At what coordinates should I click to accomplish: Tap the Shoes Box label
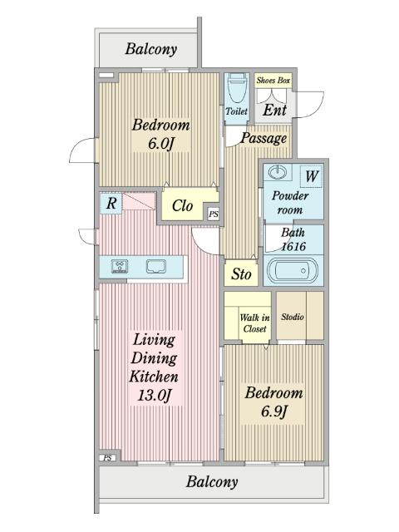[x=273, y=81]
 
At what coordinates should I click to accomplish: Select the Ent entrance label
[x=274, y=111]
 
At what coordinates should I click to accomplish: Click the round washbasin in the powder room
[x=278, y=172]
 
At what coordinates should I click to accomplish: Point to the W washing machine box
[x=312, y=175]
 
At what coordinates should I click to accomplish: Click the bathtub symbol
[x=293, y=270]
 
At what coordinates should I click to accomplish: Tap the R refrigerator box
[x=111, y=204]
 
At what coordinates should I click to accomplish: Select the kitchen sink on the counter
[x=156, y=266]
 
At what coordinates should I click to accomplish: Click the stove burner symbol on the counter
[x=120, y=266]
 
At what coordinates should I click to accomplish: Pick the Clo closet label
[x=182, y=205]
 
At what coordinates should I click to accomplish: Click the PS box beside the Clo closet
[x=214, y=214]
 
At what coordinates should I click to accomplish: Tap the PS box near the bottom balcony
[x=107, y=458]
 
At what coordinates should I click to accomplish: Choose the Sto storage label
[x=241, y=274]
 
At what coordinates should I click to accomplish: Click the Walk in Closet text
[x=255, y=323]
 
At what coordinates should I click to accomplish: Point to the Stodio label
[x=292, y=317]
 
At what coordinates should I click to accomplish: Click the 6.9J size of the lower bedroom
[x=274, y=411]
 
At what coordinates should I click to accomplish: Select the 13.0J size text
[x=154, y=396]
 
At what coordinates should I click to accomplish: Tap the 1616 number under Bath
[x=293, y=246]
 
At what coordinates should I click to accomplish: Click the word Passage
[x=264, y=139]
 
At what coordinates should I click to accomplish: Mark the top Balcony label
[x=151, y=49]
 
